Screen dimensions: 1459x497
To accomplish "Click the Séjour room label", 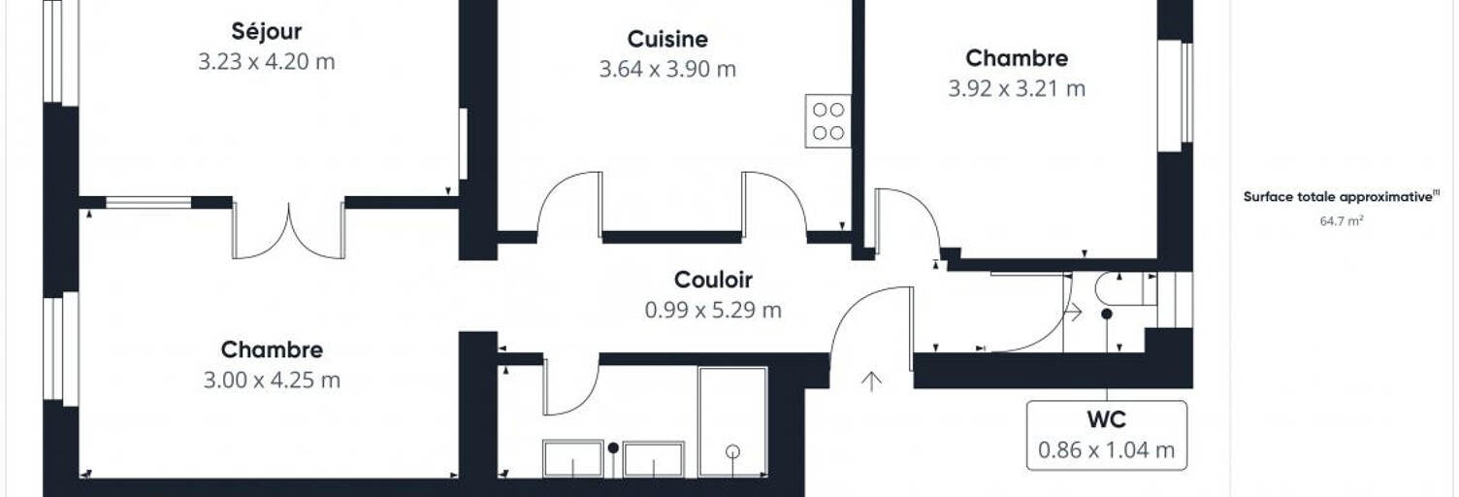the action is [267, 32].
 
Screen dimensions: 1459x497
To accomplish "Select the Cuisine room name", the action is [667, 39].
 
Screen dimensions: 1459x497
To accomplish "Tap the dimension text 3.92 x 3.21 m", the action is [1017, 88].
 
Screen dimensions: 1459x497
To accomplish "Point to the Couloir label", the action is [713, 280].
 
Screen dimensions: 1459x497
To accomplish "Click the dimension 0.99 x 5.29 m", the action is [713, 310].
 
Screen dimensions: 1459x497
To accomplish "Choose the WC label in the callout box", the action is [1107, 419].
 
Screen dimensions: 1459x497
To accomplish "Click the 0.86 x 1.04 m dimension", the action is [1107, 450].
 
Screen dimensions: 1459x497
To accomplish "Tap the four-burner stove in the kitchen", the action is [828, 121].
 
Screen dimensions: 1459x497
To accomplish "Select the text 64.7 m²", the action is [1342, 221].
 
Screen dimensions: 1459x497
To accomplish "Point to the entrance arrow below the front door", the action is [871, 381].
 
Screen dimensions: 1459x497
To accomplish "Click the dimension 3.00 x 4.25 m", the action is [272, 380].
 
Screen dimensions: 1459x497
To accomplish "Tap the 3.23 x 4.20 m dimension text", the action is [267, 62].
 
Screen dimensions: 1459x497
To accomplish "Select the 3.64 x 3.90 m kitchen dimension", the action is [667, 69].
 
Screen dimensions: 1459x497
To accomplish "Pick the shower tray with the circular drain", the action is [732, 422].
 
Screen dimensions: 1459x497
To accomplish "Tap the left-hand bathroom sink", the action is [573, 459].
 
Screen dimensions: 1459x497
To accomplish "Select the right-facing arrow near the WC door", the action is [1073, 313].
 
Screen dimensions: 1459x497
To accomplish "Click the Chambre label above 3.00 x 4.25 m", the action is [272, 349].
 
